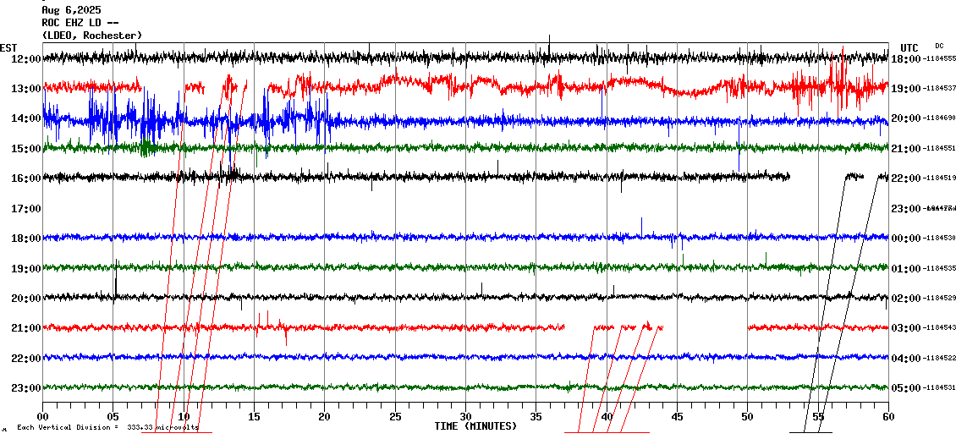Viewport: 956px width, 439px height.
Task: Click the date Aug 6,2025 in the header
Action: tap(70, 10)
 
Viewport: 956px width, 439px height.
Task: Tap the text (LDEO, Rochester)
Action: tap(91, 36)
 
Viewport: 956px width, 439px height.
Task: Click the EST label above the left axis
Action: tap(8, 47)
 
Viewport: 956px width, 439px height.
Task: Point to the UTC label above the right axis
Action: tap(909, 47)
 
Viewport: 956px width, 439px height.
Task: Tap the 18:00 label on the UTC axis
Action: tap(906, 59)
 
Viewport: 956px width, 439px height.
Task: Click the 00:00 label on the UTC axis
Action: tap(906, 239)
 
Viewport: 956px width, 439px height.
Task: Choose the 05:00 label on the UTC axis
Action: tap(906, 387)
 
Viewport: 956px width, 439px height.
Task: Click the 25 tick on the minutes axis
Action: tap(395, 417)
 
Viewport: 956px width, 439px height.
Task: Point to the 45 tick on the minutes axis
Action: tap(677, 417)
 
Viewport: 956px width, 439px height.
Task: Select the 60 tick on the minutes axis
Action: tap(888, 417)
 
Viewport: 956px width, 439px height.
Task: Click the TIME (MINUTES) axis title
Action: tap(475, 426)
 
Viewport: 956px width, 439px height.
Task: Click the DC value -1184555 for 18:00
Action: tap(939, 59)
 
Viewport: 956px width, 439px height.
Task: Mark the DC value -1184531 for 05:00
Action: tap(939, 387)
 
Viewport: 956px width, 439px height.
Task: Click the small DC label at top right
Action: tap(939, 46)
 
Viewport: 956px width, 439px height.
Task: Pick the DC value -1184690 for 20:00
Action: tap(939, 118)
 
